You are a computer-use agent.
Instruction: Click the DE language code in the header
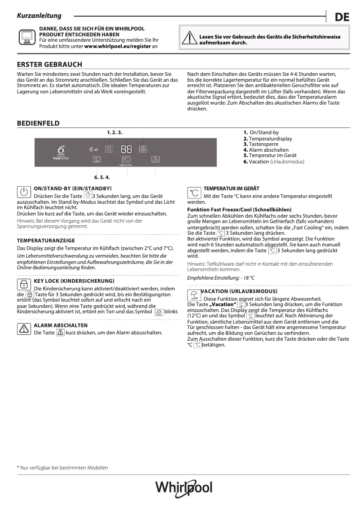342,18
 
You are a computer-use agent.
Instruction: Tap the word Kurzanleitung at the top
39,16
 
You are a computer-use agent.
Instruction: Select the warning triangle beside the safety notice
189,39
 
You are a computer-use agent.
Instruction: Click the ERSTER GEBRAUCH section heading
49,65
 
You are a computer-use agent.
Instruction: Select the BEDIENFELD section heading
38,123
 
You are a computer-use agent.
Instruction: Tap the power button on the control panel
109,149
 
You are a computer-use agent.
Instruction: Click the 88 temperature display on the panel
126,149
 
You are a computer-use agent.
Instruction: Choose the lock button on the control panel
143,149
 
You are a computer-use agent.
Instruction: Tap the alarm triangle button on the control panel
155,159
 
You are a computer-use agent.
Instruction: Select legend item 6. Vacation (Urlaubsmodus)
273,162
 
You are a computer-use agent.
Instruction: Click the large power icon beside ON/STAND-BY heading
24,192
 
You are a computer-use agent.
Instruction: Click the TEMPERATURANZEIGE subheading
46,241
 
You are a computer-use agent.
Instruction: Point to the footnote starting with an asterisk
62,468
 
